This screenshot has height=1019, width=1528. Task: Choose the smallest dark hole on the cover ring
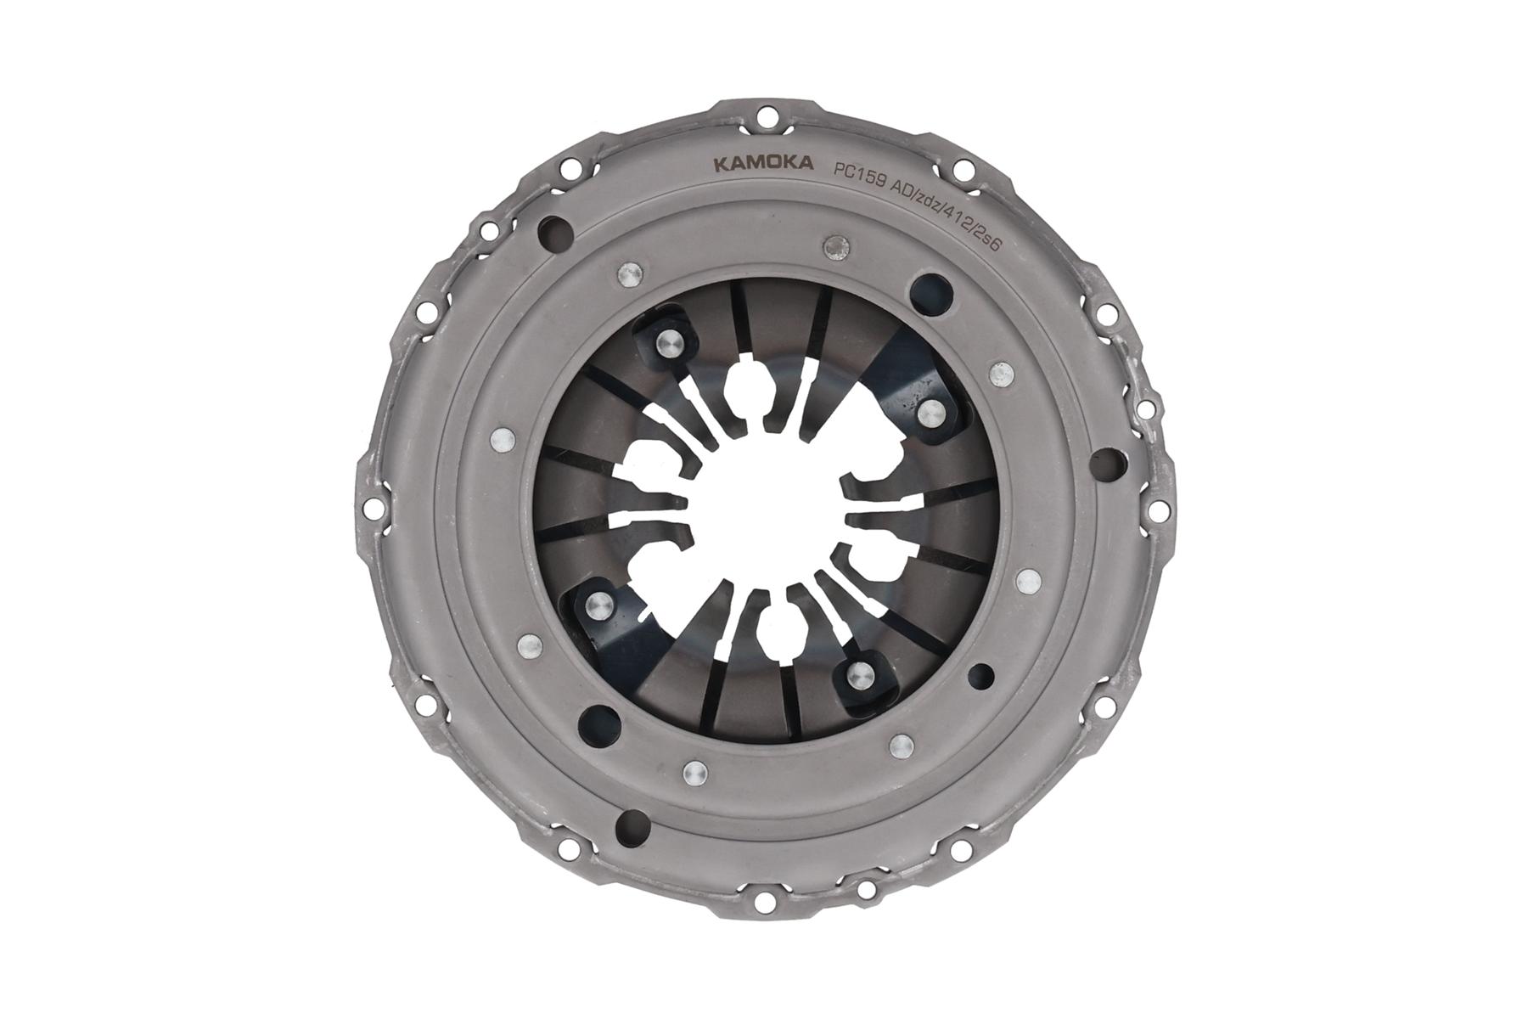click(985, 675)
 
